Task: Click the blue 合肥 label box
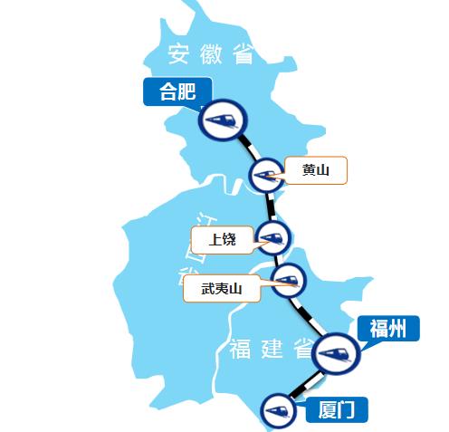pyautogui.click(x=177, y=91)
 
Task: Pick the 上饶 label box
pyautogui.click(x=222, y=240)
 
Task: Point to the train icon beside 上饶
pyautogui.click(x=272, y=238)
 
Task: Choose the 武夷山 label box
pyautogui.click(x=221, y=289)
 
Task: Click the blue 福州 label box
pyautogui.click(x=388, y=328)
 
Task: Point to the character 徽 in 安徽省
pyautogui.click(x=211, y=55)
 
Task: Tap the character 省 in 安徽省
pyautogui.click(x=242, y=55)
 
